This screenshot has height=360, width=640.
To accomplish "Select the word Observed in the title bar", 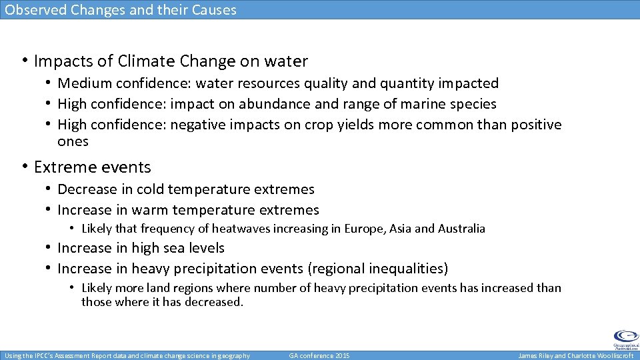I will [32, 10].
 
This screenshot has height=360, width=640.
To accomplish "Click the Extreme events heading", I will [93, 167].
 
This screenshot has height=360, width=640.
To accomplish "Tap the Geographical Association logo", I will [625, 339].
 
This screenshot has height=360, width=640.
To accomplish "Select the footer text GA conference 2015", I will [319, 356].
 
